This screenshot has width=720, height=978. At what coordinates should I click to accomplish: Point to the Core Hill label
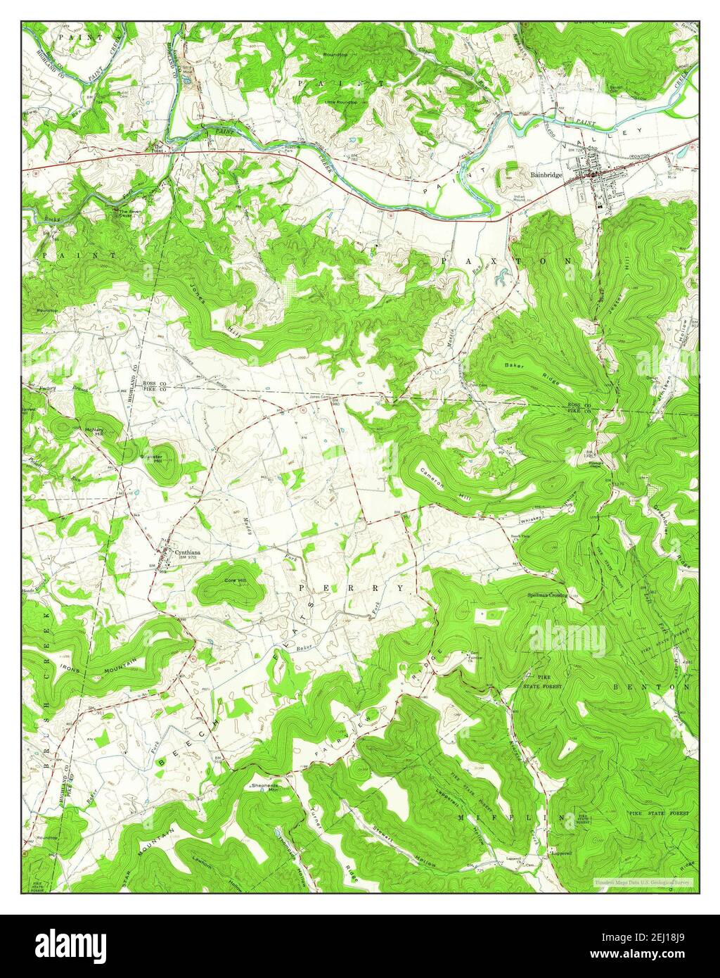[x=235, y=580]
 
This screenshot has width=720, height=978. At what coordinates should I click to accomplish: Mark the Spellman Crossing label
[x=548, y=595]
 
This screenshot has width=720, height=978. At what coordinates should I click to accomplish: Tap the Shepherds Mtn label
[x=264, y=787]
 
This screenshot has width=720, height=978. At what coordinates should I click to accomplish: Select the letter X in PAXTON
[x=482, y=261]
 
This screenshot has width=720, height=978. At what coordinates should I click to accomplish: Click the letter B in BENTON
[x=617, y=686]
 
